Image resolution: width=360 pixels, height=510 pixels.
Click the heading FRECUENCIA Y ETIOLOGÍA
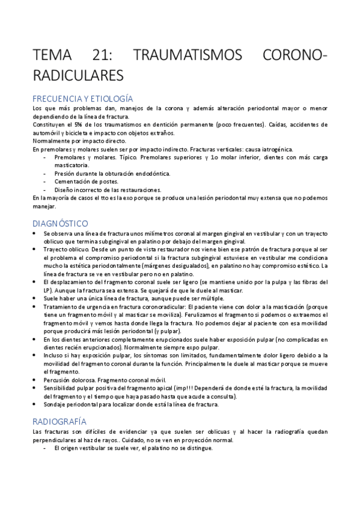pyautogui.click(x=82, y=99)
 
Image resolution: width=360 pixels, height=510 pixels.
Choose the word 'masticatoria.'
pyautogui.click(x=72, y=165)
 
